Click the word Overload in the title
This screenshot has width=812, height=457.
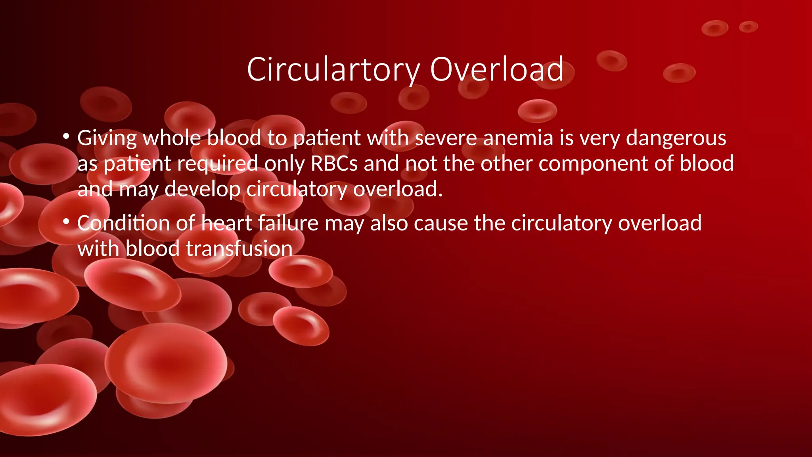(x=496, y=70)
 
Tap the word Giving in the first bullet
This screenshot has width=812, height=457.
(x=107, y=138)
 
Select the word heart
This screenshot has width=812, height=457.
(x=226, y=223)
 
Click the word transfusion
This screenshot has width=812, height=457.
(x=239, y=249)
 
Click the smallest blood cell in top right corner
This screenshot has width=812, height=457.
(x=748, y=27)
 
